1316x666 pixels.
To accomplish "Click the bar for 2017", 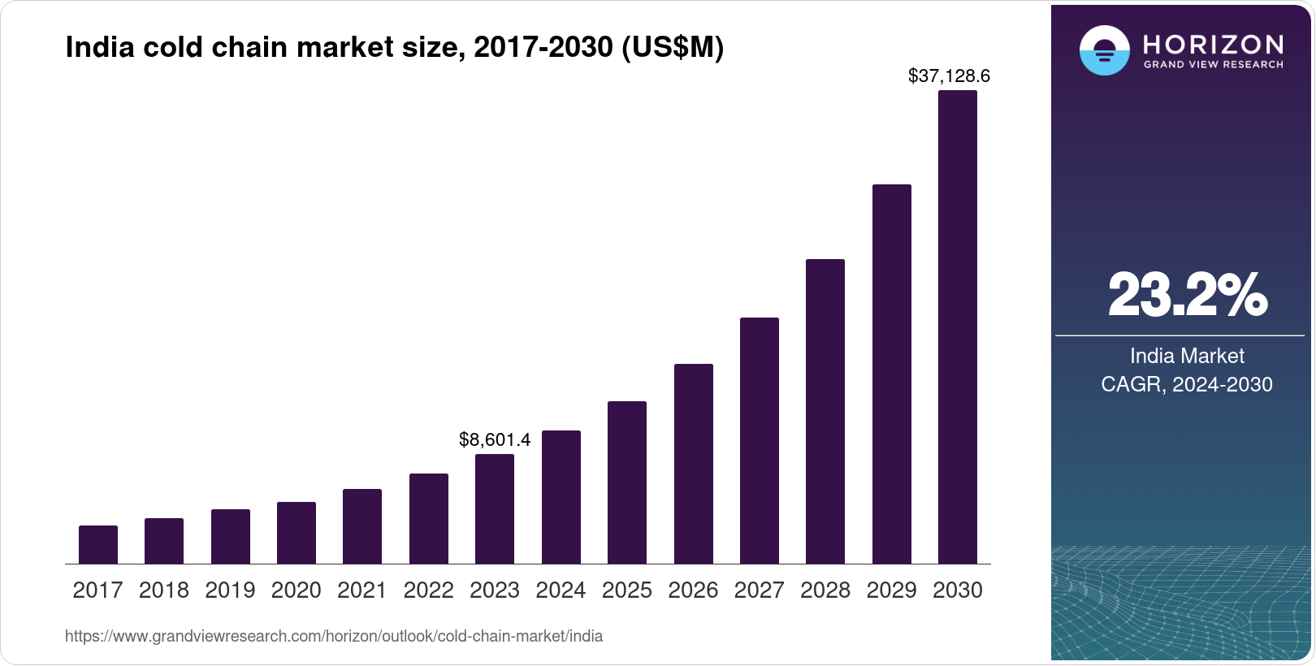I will [98, 544].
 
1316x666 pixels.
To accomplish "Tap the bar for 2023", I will [495, 508].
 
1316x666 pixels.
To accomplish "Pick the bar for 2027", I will [760, 440].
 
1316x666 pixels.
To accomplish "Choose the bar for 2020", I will [297, 533].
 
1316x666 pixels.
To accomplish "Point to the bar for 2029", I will [891, 374].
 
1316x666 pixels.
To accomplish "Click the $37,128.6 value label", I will [949, 76].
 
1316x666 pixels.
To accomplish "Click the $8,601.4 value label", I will [495, 440].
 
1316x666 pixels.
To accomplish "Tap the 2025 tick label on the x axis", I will [627, 590].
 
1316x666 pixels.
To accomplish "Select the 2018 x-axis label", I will [164, 590].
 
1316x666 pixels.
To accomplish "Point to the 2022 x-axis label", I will [428, 590].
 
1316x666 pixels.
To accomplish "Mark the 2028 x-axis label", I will [825, 590].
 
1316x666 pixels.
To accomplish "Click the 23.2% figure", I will [1187, 295].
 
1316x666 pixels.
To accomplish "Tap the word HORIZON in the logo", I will [1214, 44].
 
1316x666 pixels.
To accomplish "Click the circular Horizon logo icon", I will [1104, 50].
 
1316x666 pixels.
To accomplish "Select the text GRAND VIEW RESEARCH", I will [1214, 64].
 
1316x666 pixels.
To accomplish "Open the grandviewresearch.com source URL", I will [334, 636].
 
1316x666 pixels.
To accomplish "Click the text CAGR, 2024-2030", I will [1187, 384].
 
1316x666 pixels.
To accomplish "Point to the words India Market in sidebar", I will [1187, 356].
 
